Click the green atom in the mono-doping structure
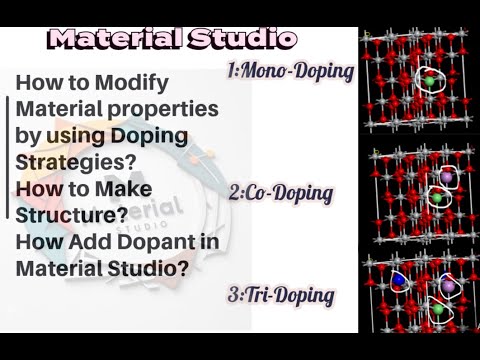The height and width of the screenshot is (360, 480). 429,77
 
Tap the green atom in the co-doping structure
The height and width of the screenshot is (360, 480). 435,198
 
